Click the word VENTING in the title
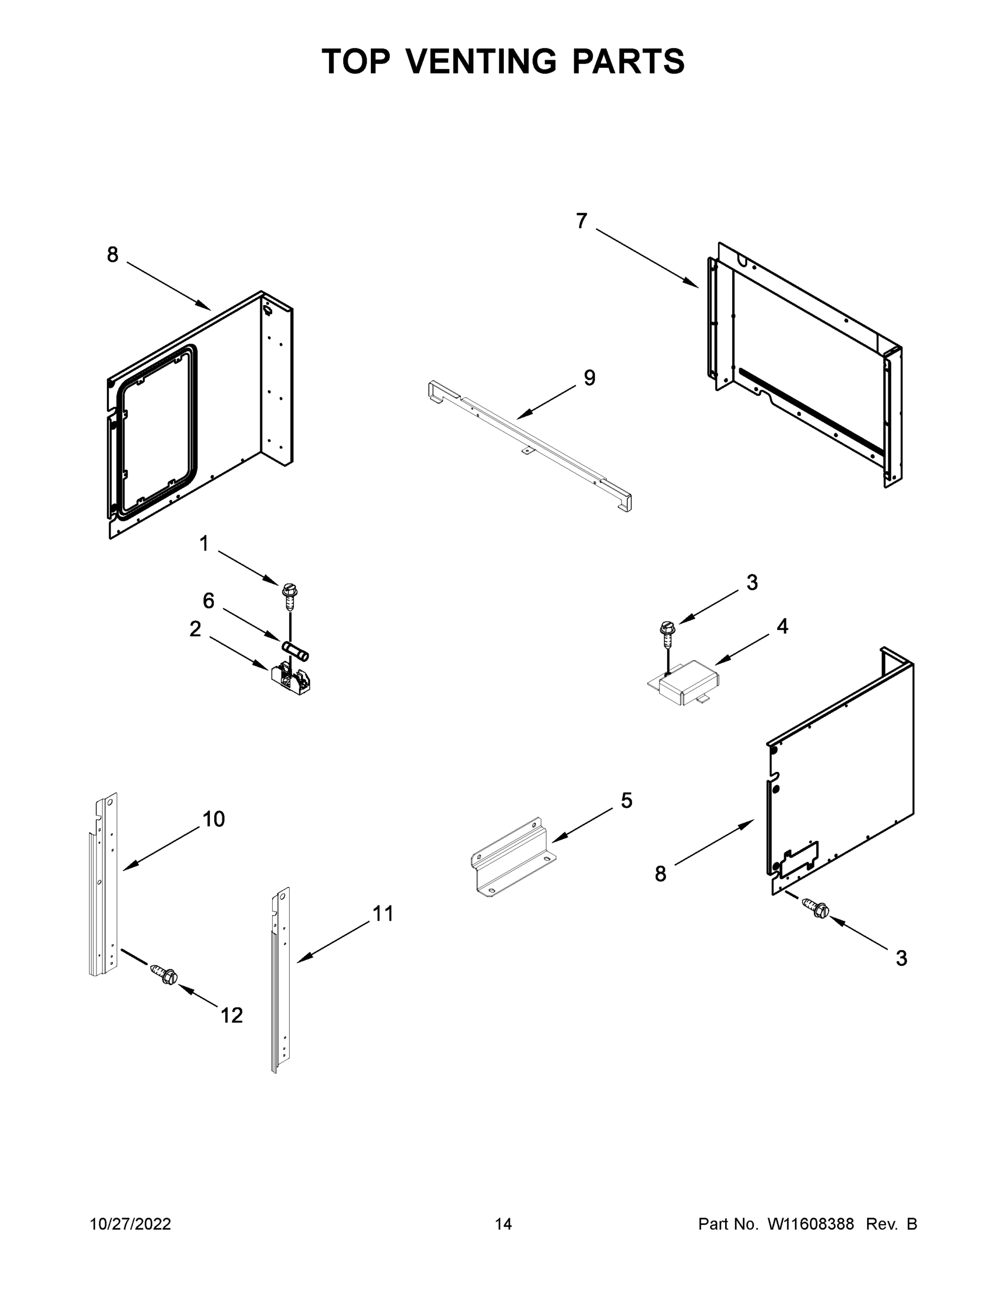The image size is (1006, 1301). (482, 61)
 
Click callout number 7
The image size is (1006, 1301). (582, 221)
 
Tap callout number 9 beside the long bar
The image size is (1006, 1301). (589, 378)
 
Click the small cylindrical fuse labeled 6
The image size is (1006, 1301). (295, 650)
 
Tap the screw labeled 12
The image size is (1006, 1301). (164, 975)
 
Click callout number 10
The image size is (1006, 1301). (213, 819)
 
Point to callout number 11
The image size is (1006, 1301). (383, 913)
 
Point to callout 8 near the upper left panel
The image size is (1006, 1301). (113, 255)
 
